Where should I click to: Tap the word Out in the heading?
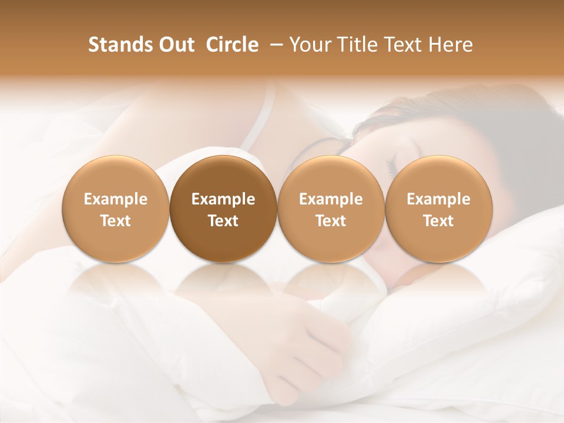click(175, 45)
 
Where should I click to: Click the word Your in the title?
click(310, 45)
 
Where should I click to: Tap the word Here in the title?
click(450, 45)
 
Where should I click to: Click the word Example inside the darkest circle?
click(223, 199)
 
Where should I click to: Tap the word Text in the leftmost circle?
click(116, 221)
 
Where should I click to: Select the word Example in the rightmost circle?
click(439, 199)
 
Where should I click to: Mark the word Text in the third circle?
click(331, 221)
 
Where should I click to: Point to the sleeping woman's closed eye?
click(392, 160)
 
